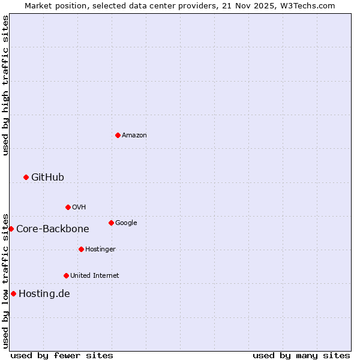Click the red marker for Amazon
point(118,135)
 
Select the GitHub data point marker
point(26,177)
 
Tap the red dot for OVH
point(68,207)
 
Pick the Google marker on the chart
point(111,223)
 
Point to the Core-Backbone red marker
point(11,229)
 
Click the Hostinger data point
point(81,249)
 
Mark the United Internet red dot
point(66,275)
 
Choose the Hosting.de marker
point(13,293)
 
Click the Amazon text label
point(134,135)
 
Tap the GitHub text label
point(47,177)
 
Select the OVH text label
point(79,207)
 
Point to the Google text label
point(126,223)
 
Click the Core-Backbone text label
point(53,229)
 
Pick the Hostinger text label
point(100,249)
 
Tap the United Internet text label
point(95,275)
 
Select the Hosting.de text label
point(44,293)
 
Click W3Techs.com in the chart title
point(306,5)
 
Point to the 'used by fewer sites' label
point(62,355)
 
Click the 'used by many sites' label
point(301,355)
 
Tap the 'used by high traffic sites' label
point(5,85)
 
